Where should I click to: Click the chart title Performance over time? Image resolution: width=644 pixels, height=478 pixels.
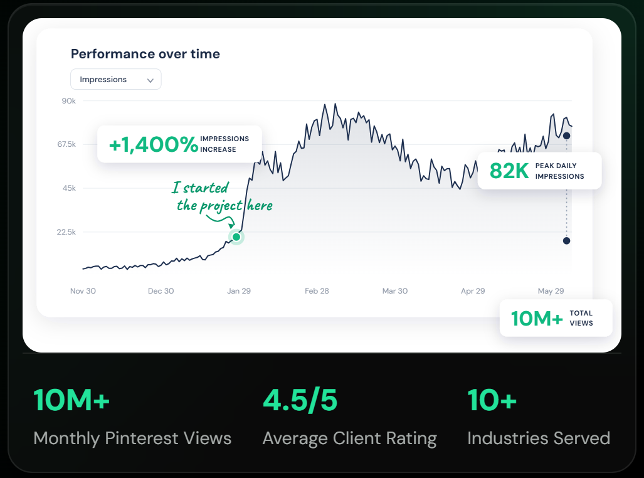coord(145,54)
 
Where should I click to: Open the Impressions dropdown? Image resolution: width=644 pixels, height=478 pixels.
coord(116,79)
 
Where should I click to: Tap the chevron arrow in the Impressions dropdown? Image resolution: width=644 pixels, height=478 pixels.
coord(150,80)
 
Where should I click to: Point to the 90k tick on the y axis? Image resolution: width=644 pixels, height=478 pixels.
coord(69,101)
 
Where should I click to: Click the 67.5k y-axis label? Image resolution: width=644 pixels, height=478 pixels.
coord(66,144)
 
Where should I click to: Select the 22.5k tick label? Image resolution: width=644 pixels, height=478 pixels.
coord(66,232)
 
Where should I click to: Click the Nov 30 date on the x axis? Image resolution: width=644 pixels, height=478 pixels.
coord(83,291)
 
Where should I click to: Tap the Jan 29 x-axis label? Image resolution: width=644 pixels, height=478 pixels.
coord(239,291)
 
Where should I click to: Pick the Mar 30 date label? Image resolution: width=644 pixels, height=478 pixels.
coord(395,291)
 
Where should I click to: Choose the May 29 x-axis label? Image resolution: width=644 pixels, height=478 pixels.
coord(551,291)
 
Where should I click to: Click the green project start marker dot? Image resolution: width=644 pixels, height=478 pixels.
coord(236,236)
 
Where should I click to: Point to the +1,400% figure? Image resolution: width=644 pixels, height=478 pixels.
coord(154,144)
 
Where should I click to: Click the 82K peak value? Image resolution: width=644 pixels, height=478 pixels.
coord(509,171)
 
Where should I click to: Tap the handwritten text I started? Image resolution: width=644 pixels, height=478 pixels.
coord(200,188)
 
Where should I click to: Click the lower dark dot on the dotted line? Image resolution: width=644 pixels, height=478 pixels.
coord(566,241)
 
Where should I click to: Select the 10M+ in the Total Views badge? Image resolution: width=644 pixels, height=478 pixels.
coord(537,319)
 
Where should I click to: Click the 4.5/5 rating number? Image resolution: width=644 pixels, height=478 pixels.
coord(300,400)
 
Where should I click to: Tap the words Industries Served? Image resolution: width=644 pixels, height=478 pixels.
coord(539,438)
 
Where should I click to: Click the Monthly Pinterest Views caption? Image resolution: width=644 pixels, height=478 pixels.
coord(132,438)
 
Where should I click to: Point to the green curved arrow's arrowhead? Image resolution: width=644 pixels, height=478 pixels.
coord(232,225)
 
